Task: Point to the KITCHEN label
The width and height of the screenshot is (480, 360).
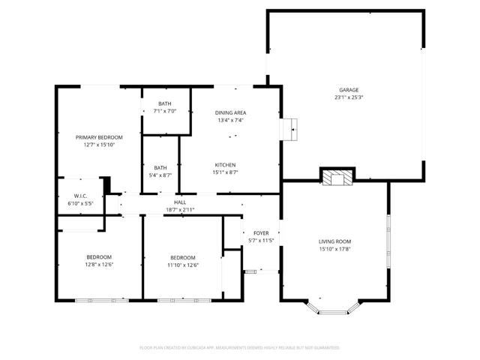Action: [x=226, y=164]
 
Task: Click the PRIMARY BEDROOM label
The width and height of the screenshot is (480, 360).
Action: [x=99, y=137]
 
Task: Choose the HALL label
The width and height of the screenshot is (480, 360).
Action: [x=180, y=202]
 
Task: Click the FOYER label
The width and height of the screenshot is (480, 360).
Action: [x=261, y=234]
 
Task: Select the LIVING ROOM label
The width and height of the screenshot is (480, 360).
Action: [x=335, y=241]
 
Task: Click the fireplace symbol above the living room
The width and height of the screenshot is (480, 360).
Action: [x=335, y=177]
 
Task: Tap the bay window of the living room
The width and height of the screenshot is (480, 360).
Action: [x=335, y=306]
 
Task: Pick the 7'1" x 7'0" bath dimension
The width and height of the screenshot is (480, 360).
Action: [x=164, y=112]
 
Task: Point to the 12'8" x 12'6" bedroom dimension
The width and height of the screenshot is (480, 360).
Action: [x=99, y=265]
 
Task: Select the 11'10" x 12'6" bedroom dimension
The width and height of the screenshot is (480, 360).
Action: [x=182, y=265]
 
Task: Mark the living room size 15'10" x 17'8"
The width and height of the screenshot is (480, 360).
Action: [x=335, y=250]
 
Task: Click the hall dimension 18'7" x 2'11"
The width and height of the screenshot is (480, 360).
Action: [x=180, y=210]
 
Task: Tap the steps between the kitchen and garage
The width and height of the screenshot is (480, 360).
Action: [x=289, y=130]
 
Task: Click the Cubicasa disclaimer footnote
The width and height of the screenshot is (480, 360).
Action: [x=240, y=347]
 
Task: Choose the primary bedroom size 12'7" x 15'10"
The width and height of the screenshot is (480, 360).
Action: [x=99, y=145]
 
